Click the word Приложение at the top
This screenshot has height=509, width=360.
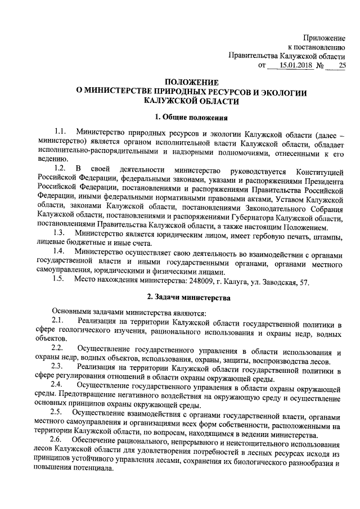[325, 37]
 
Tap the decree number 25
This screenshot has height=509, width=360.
[341, 66]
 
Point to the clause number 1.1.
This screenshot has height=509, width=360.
[60, 132]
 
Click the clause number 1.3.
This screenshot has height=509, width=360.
[60, 233]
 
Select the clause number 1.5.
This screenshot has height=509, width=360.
[60, 280]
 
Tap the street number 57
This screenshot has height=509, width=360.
[303, 280]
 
